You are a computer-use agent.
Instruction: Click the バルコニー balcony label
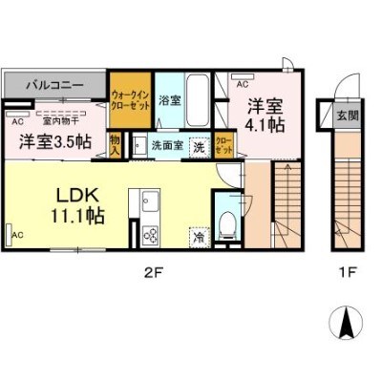point(53,85)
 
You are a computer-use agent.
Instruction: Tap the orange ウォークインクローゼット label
point(129,101)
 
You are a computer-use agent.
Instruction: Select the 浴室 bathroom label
point(169,99)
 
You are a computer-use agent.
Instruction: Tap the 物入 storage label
point(115,145)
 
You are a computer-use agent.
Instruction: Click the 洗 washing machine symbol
point(200,147)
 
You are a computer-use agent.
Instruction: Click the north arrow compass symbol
point(346,323)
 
